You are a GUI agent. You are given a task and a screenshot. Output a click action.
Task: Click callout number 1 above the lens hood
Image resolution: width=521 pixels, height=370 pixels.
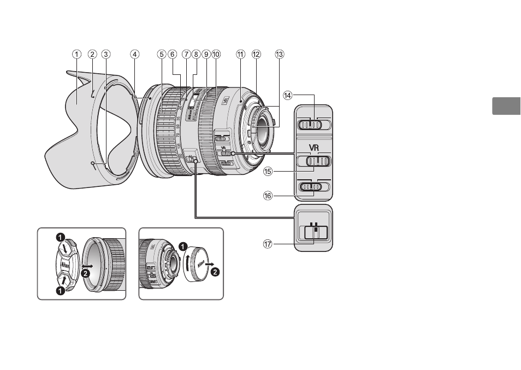[76, 54]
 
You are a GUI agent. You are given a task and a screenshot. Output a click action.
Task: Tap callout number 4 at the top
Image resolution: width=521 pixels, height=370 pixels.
[134, 54]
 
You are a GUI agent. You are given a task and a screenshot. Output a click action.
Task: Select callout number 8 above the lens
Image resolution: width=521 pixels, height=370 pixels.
[196, 54]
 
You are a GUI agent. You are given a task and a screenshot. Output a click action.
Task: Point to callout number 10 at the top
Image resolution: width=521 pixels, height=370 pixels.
[216, 54]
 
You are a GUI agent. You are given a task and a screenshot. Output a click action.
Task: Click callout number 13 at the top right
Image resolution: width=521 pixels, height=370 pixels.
[280, 54]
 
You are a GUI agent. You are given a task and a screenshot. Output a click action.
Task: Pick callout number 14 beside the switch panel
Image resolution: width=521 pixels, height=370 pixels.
[288, 95]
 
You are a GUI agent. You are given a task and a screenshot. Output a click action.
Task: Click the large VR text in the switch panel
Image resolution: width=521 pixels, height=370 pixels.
[313, 148]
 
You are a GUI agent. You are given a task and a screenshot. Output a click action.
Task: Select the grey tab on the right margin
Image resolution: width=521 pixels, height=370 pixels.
[506, 105]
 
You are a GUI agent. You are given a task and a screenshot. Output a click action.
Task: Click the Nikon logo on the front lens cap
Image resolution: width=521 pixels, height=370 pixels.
[64, 263]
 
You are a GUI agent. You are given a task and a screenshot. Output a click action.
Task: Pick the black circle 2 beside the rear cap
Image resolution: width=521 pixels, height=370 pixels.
[215, 272]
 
